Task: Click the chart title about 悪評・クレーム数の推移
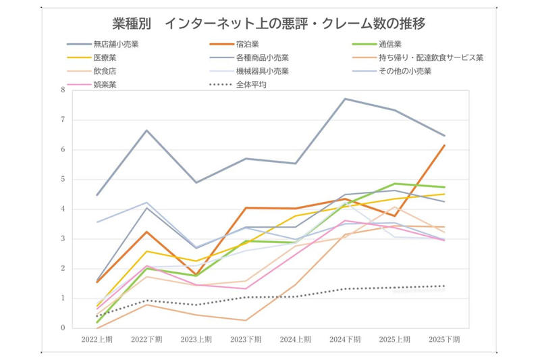(x=269, y=24)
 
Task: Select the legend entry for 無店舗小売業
(x=103, y=44)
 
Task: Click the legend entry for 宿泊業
(x=234, y=44)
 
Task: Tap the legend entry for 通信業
(x=377, y=44)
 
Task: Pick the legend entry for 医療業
(x=92, y=57)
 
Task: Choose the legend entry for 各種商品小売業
(x=249, y=57)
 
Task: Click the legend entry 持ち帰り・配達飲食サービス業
(x=418, y=57)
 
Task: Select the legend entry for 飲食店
(x=92, y=71)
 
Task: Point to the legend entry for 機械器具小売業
(x=249, y=71)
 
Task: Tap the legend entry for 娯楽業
(x=92, y=84)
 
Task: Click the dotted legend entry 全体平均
(x=238, y=84)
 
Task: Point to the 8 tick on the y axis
(x=63, y=90)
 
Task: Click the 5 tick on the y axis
(x=63, y=179)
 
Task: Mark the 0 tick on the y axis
(x=63, y=328)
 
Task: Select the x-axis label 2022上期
(x=97, y=340)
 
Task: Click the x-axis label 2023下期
(x=246, y=340)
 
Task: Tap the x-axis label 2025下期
(x=444, y=340)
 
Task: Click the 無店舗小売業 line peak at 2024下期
(x=345, y=99)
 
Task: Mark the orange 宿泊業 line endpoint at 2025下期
(x=444, y=145)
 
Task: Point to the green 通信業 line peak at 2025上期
(x=395, y=184)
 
